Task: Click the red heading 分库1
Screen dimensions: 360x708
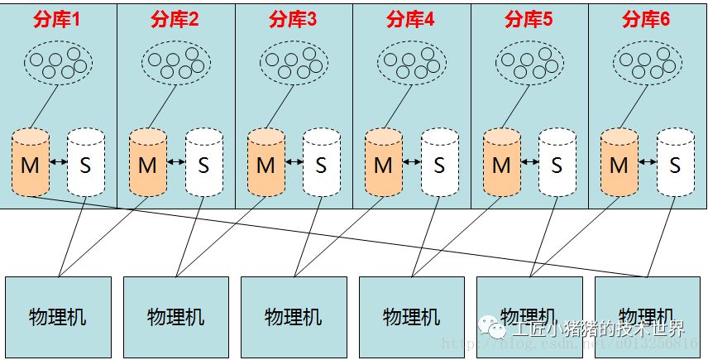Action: click(57, 20)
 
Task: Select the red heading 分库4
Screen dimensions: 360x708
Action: click(411, 20)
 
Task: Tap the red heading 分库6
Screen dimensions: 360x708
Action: click(646, 20)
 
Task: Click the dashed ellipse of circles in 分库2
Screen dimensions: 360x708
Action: click(175, 61)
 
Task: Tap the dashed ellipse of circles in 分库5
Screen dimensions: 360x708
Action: click(529, 61)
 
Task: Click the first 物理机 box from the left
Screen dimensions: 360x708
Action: click(58, 317)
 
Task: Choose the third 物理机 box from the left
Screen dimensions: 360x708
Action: click(294, 317)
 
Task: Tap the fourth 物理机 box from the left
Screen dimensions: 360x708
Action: click(412, 317)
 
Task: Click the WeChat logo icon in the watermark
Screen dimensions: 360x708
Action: click(498, 329)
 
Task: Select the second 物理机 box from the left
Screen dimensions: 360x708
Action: click(175, 317)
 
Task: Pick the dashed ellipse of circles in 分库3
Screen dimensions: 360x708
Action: click(294, 61)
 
